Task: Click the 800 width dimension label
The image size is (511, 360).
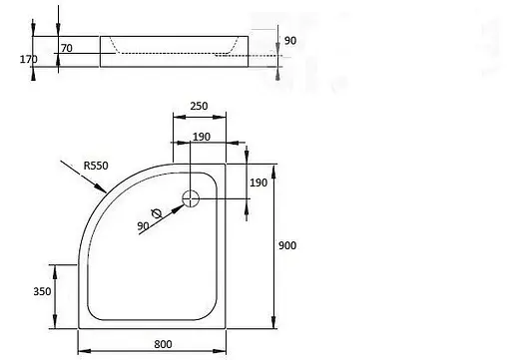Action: pos(163,344)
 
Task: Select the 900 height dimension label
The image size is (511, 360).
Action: pos(287,245)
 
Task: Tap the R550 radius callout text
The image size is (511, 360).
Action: pos(96,166)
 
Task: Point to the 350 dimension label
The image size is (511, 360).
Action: pos(42,291)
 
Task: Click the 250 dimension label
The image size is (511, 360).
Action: pos(199,106)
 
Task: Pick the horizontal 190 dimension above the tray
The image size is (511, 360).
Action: pos(202,137)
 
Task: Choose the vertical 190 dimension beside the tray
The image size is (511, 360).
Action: pos(258,182)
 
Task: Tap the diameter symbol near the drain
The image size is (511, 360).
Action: pos(157,213)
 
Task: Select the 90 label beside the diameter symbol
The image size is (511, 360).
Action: pos(143,226)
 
